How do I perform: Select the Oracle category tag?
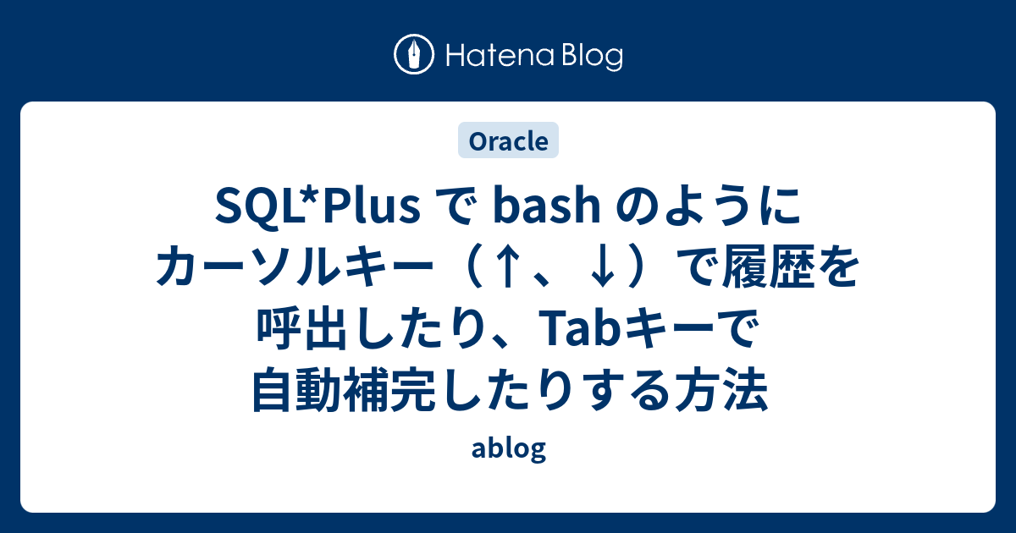pyautogui.click(x=508, y=141)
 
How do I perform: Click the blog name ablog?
pyautogui.click(x=508, y=449)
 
